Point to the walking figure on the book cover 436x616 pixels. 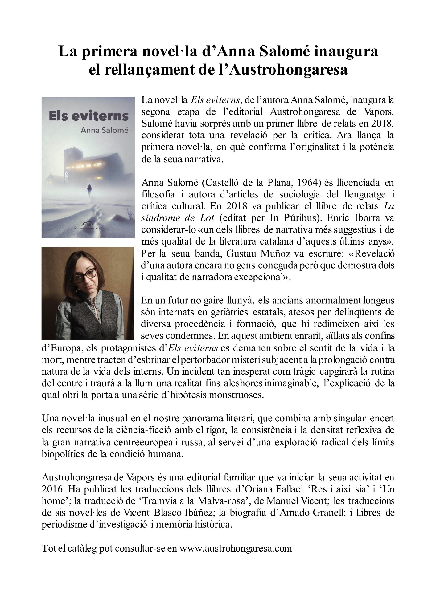pyautogui.click(x=89, y=188)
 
